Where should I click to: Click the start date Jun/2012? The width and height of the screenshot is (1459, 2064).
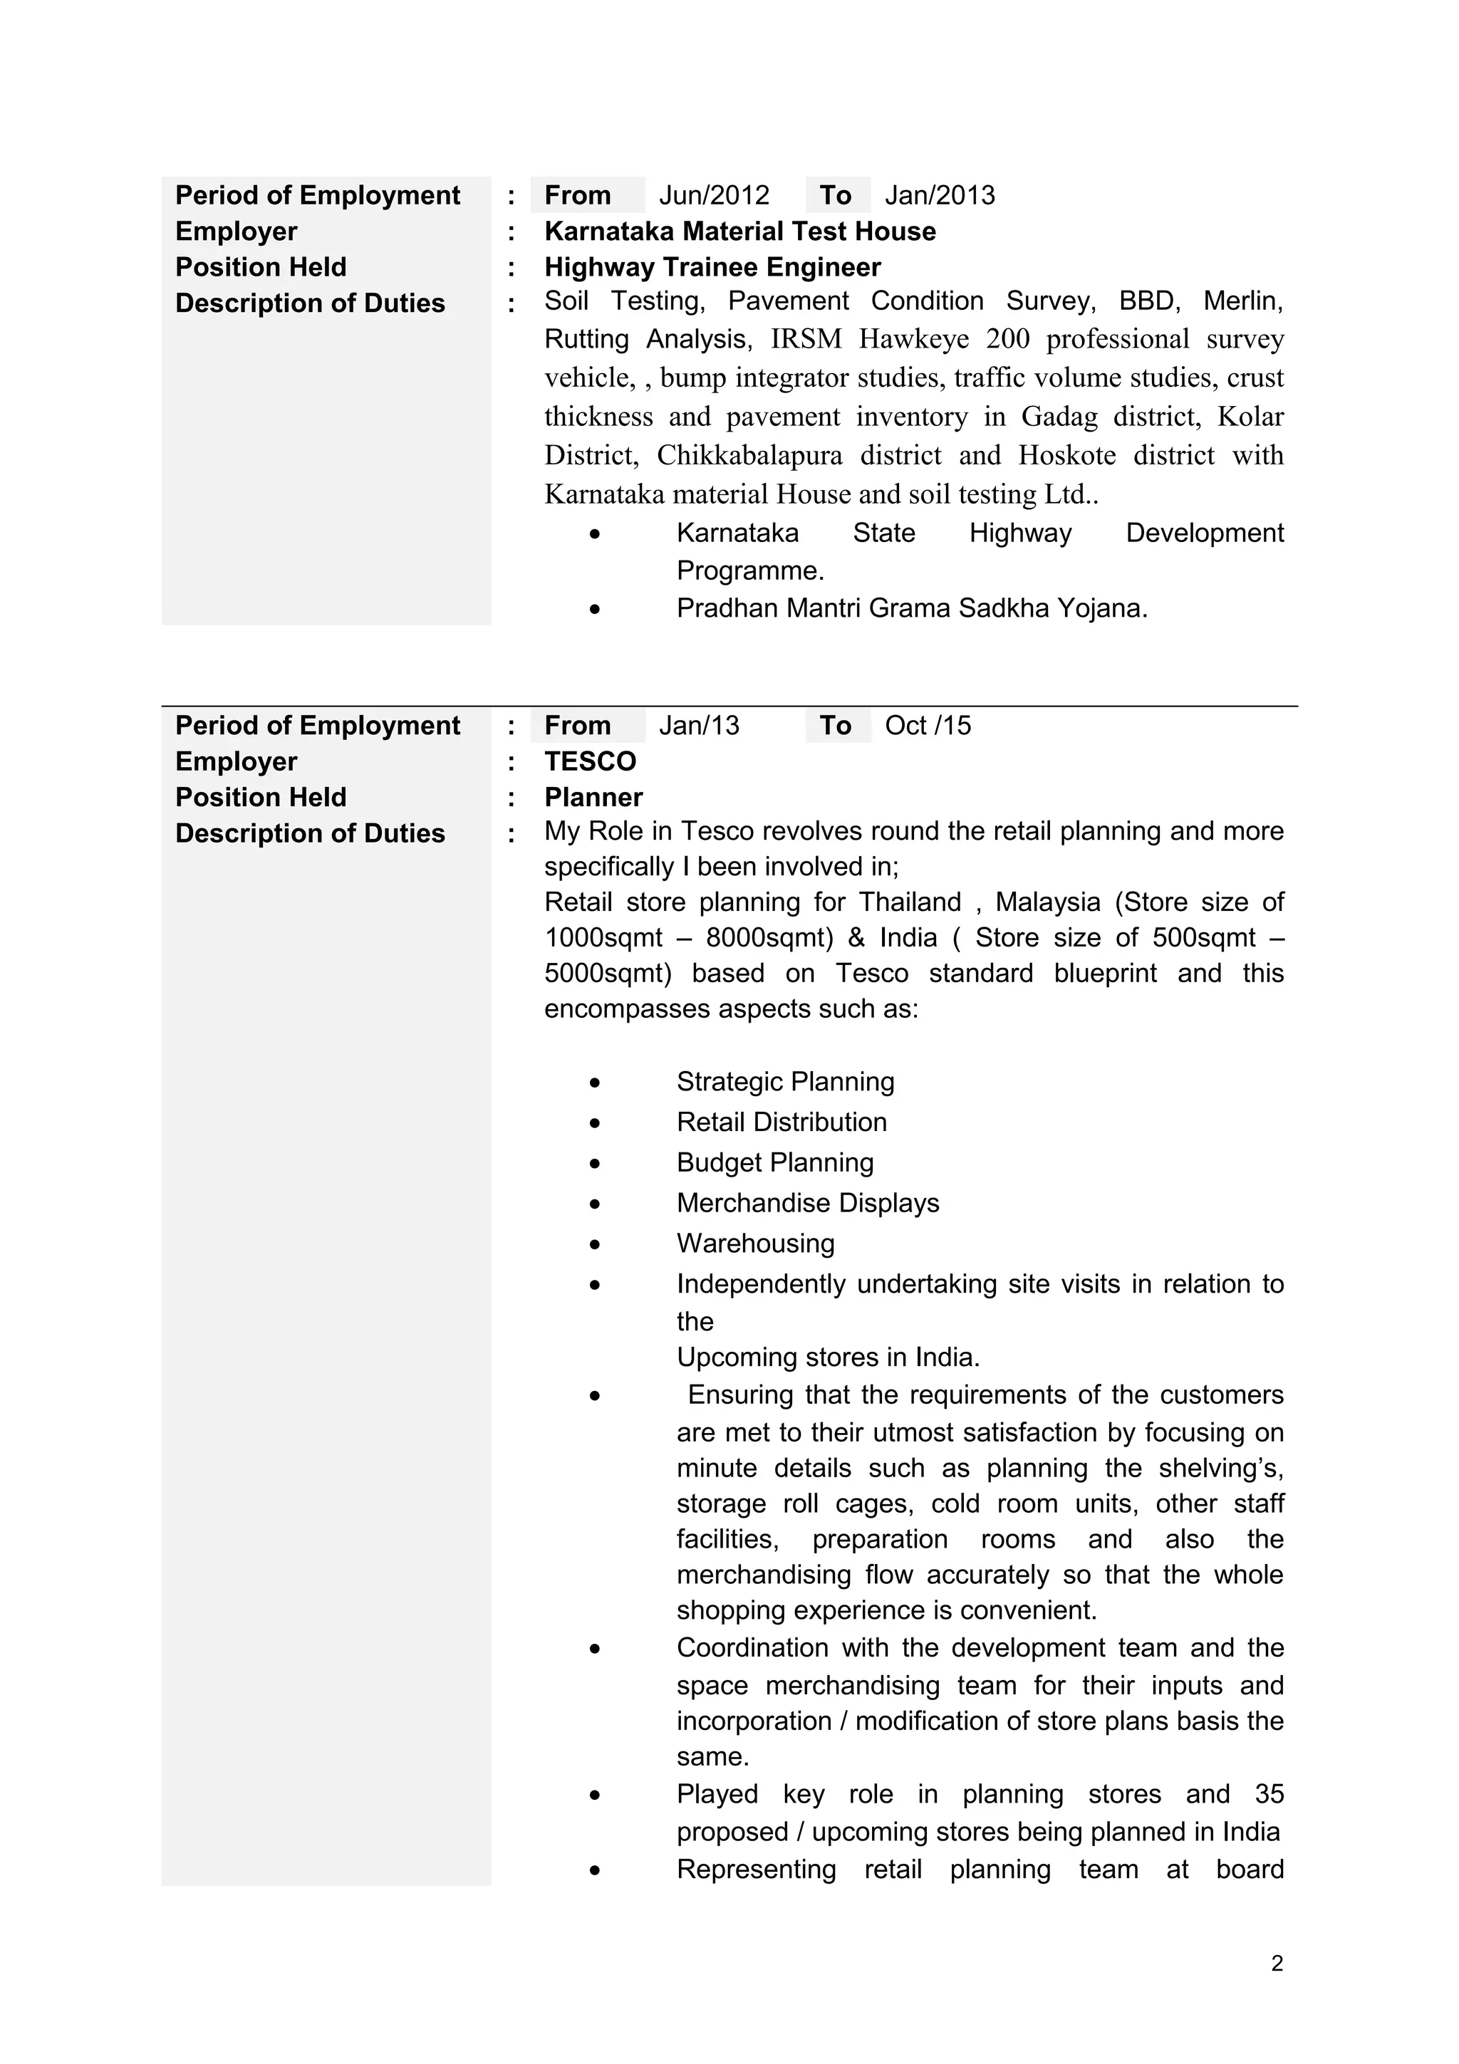coord(714,195)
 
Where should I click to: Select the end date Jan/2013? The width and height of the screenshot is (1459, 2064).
coord(940,195)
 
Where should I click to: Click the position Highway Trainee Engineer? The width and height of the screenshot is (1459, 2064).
coord(712,267)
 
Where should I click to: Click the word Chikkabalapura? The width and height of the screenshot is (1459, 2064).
coord(749,455)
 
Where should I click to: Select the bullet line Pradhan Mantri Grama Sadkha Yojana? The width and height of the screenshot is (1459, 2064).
coord(912,609)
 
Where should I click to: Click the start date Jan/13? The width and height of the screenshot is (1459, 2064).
coord(698,726)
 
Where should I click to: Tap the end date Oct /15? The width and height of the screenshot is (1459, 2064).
coord(928,726)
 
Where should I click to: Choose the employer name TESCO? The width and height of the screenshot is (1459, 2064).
coord(590,761)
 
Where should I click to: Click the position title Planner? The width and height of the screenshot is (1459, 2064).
coord(593,798)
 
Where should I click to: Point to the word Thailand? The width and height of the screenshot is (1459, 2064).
coord(909,902)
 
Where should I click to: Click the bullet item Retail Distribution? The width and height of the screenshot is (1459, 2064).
coord(782,1122)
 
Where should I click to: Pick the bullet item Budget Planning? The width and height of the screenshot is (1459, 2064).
coord(775,1162)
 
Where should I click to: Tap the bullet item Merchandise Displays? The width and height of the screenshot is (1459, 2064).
coord(807,1203)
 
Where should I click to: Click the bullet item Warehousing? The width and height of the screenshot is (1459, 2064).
coord(755,1244)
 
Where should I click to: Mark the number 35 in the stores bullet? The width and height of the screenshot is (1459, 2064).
coord(1268,1794)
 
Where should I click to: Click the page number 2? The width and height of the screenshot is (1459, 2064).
coord(1277,1964)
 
